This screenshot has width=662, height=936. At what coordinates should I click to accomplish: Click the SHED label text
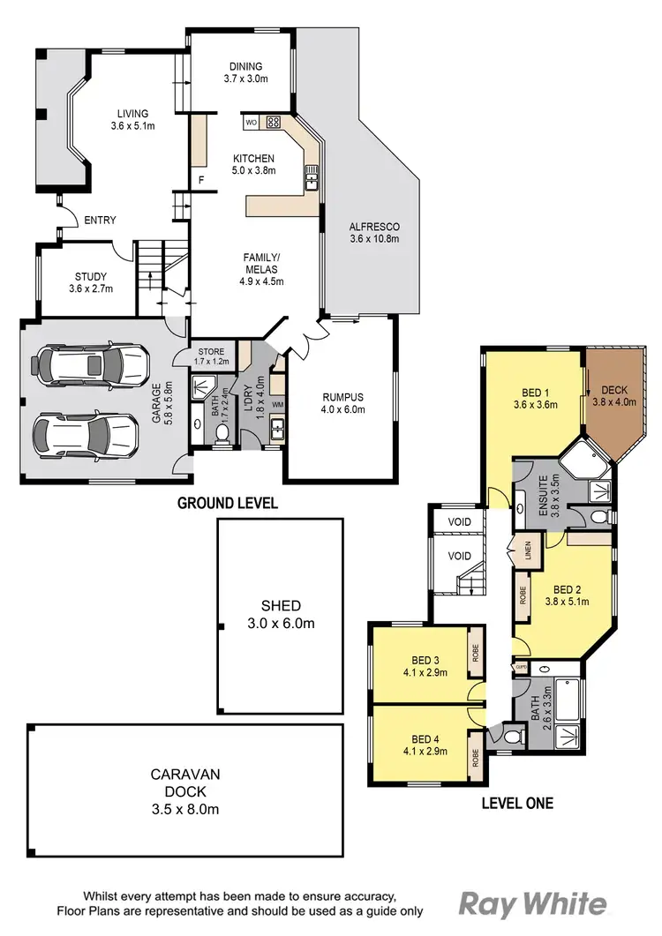coord(280,606)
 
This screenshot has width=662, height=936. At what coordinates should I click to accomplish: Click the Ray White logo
coord(533,904)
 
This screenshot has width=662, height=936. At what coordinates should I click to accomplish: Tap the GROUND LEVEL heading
coord(228,504)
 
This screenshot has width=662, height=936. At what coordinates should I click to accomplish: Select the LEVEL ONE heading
coord(516,803)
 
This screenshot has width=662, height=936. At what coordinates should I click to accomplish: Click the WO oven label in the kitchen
coord(251,122)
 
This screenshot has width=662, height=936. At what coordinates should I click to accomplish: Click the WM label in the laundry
coord(278,405)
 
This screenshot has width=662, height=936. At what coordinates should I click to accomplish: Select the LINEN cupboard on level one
coord(528,550)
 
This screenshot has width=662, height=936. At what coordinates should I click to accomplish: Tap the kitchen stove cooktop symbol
coord(274,122)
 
